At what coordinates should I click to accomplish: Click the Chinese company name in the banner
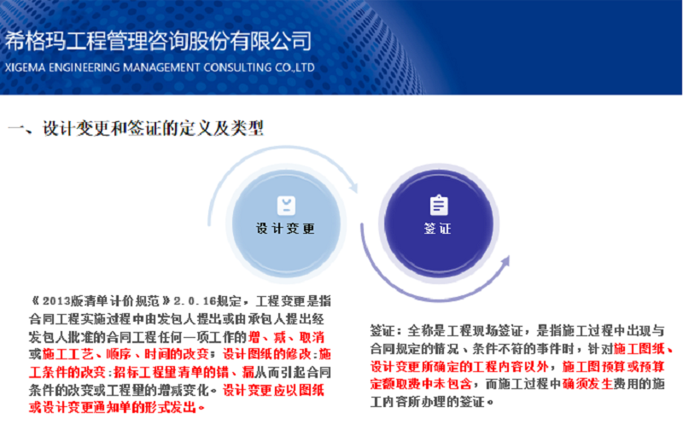[158, 41]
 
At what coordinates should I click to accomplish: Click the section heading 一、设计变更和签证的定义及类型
[136, 128]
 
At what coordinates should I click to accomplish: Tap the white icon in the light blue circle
[286, 206]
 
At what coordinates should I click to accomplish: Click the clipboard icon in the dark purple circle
[439, 205]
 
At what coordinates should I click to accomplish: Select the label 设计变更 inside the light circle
[285, 228]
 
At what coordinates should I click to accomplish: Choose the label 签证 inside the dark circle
[437, 228]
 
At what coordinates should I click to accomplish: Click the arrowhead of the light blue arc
[353, 186]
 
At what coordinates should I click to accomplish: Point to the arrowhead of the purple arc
[505, 261]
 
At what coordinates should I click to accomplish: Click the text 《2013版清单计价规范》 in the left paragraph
[100, 301]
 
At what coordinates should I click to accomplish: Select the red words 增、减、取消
[286, 337]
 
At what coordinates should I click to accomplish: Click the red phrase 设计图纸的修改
[267, 354]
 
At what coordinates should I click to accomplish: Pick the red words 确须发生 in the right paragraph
[587, 384]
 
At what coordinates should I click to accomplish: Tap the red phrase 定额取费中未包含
[421, 384]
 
